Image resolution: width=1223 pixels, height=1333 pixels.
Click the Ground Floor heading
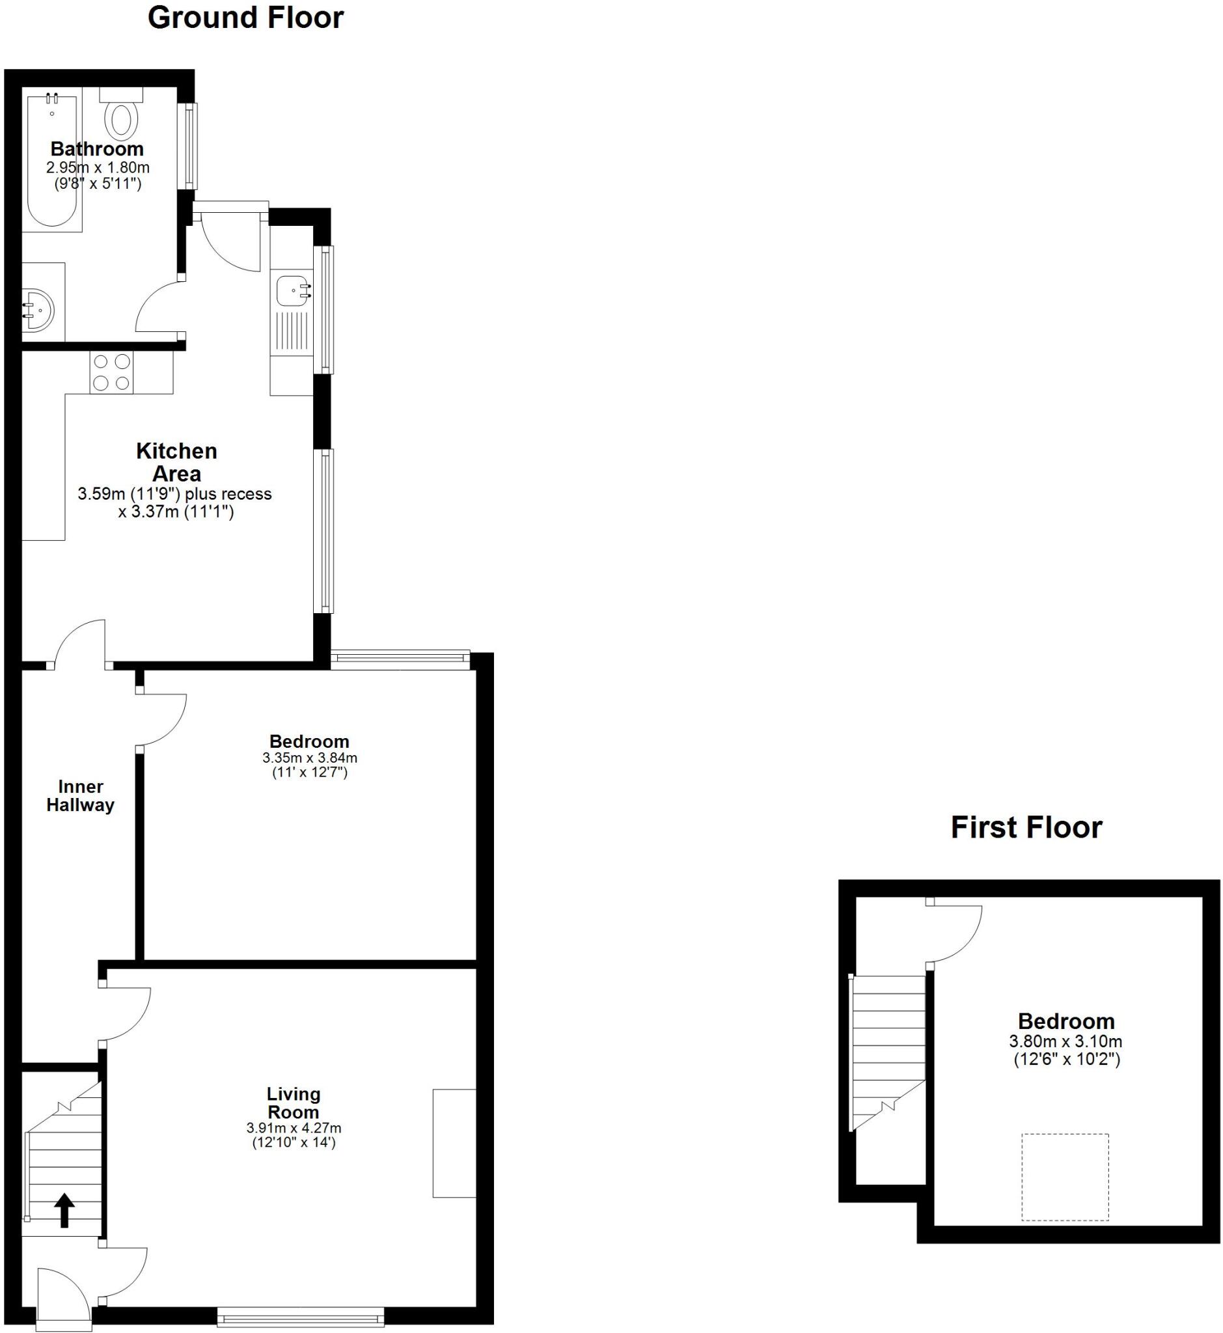pyautogui.click(x=245, y=18)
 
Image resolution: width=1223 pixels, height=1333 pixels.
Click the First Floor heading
pyautogui.click(x=1026, y=827)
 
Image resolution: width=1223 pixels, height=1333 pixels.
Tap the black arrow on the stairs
pyautogui.click(x=64, y=1210)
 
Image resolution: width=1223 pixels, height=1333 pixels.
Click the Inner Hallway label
pyautogui.click(x=81, y=795)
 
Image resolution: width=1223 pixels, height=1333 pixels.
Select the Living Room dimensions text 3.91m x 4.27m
pyautogui.click(x=294, y=1128)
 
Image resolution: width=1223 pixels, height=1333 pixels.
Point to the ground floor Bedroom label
pyautogui.click(x=309, y=741)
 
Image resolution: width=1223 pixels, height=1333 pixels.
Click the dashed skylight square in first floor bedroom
pyautogui.click(x=1065, y=1177)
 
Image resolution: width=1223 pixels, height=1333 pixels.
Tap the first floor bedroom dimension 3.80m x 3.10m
pyautogui.click(x=1065, y=1041)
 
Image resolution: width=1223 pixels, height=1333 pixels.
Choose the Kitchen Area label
pyautogui.click(x=176, y=462)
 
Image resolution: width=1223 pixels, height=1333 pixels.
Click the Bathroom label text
pyautogui.click(x=97, y=149)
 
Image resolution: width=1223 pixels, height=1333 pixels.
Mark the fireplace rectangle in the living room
pyautogui.click(x=454, y=1143)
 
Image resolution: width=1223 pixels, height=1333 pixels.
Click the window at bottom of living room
pyautogui.click(x=301, y=1317)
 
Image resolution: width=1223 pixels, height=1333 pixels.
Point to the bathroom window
pyautogui.click(x=191, y=146)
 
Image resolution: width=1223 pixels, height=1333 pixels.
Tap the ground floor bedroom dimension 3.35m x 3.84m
pyautogui.click(x=310, y=758)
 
